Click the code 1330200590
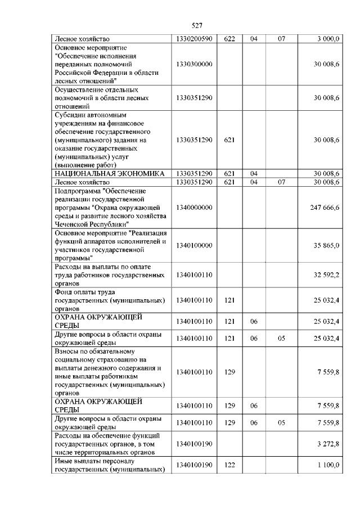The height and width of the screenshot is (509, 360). pyautogui.click(x=194, y=39)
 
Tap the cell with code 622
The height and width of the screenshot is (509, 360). pyautogui.click(x=229, y=39)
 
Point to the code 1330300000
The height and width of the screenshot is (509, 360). pyautogui.click(x=194, y=64)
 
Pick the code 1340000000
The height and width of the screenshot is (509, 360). pyautogui.click(x=194, y=208)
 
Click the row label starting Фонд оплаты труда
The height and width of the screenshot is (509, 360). pyautogui.click(x=109, y=300)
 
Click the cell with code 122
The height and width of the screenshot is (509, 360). pyautogui.click(x=229, y=465)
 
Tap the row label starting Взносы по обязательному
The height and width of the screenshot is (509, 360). pyautogui.click(x=109, y=372)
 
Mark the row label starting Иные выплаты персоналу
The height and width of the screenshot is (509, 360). pyautogui.click(x=109, y=465)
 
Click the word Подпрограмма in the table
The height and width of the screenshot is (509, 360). pyautogui.click(x=78, y=191)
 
